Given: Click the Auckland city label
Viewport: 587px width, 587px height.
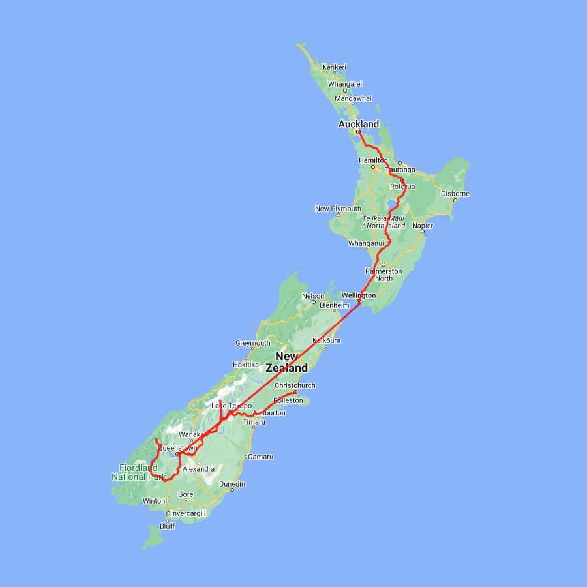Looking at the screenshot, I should pyautogui.click(x=358, y=124).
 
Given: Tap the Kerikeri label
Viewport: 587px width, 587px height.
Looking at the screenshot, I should pyautogui.click(x=334, y=67).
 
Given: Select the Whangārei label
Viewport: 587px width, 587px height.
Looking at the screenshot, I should pyautogui.click(x=345, y=84).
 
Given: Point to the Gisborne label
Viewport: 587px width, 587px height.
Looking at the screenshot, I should pyautogui.click(x=455, y=194).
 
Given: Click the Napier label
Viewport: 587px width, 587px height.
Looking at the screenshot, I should pyautogui.click(x=423, y=226).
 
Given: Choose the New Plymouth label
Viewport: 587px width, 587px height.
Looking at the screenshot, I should pyautogui.click(x=337, y=209).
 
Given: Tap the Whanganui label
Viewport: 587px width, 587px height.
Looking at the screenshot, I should pyautogui.click(x=367, y=243).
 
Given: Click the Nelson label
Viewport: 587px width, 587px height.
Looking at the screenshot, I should pyautogui.click(x=313, y=297).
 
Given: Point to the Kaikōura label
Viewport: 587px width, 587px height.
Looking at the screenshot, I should pyautogui.click(x=327, y=340).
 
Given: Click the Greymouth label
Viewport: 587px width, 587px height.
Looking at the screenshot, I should pyautogui.click(x=252, y=343).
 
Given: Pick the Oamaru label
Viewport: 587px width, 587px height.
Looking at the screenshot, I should pyautogui.click(x=260, y=457).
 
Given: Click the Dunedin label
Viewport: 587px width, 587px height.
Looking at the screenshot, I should pyautogui.click(x=232, y=484).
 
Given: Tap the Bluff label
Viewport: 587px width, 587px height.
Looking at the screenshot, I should pyautogui.click(x=167, y=526).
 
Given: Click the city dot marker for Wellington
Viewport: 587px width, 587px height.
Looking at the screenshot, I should pyautogui.click(x=359, y=302).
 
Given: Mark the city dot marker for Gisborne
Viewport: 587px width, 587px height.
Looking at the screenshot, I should pyautogui.click(x=455, y=200).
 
